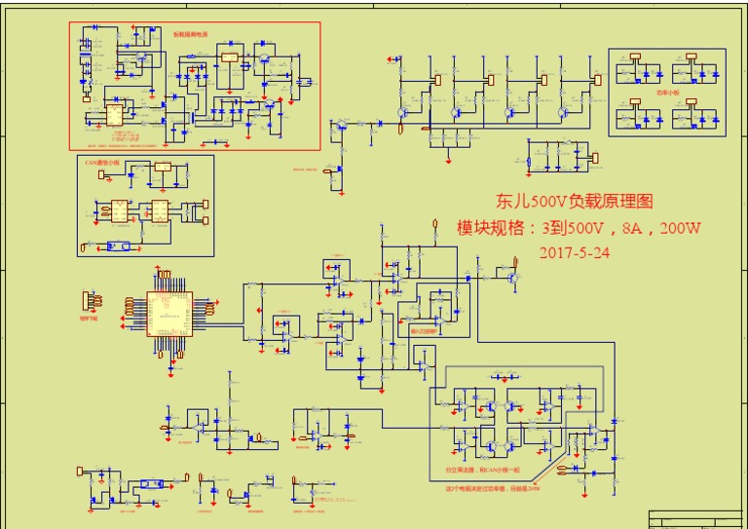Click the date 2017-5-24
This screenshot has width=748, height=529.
point(575,251)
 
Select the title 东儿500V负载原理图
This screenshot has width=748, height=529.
point(574,202)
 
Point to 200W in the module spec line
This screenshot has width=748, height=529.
point(680,228)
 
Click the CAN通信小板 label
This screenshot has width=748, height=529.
point(101,163)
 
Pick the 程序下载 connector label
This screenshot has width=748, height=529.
point(90,317)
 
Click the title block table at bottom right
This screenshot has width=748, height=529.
point(697,517)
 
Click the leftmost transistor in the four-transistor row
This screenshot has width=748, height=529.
point(402,112)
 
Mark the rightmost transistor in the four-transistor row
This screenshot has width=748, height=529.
point(563,112)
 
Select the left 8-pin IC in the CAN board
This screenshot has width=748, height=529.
point(120,209)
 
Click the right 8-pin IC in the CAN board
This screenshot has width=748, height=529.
point(158,209)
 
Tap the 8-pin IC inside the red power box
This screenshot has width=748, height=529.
point(115,114)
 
